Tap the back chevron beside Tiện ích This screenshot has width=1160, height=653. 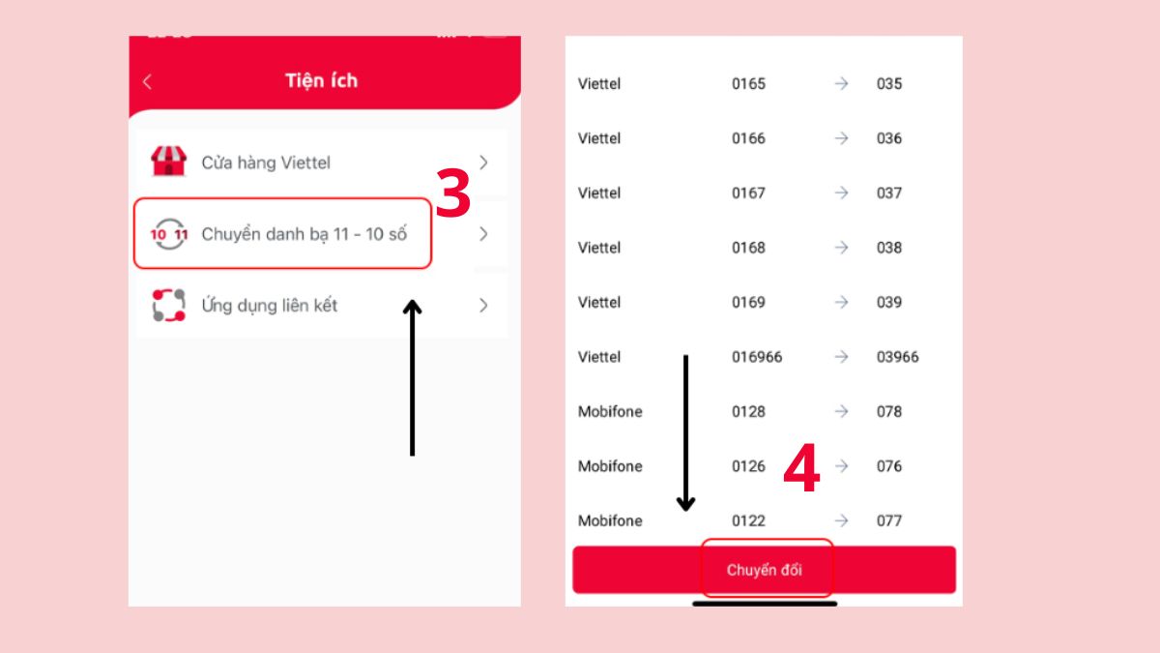pyautogui.click(x=148, y=81)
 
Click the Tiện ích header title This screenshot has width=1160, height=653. pyautogui.click(x=321, y=80)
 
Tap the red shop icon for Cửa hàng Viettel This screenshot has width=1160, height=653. pyautogui.click(x=168, y=162)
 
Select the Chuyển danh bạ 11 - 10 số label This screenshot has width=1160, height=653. pyautogui.click(x=304, y=234)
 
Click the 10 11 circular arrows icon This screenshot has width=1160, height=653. pyautogui.click(x=169, y=234)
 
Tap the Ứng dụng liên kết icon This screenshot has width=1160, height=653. pyautogui.click(x=169, y=306)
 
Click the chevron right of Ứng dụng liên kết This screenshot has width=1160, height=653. pyautogui.click(x=483, y=306)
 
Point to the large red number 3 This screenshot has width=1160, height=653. pyautogui.click(x=453, y=193)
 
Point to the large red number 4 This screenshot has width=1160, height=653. pyautogui.click(x=801, y=468)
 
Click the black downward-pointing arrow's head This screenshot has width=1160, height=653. pyautogui.click(x=685, y=504)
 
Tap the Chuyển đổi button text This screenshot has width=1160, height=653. pyautogui.click(x=765, y=570)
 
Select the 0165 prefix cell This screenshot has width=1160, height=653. pyautogui.click(x=748, y=83)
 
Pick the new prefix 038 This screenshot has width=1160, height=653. pyautogui.click(x=889, y=248)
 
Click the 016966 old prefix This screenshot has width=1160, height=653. pyautogui.click(x=757, y=357)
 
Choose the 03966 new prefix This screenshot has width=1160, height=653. pyautogui.click(x=897, y=357)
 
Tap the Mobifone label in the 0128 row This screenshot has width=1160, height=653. pyautogui.click(x=610, y=411)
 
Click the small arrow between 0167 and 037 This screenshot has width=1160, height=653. pyautogui.click(x=842, y=193)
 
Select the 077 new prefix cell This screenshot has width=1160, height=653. pyautogui.click(x=889, y=520)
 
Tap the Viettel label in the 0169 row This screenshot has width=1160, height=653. pyautogui.click(x=599, y=302)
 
